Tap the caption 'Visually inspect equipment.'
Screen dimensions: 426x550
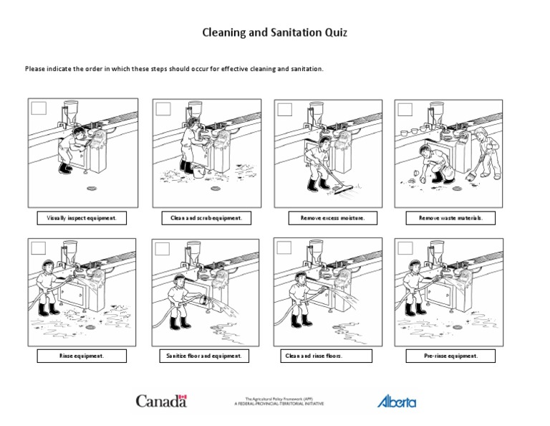(81, 217)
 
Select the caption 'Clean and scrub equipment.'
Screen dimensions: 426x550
(202, 217)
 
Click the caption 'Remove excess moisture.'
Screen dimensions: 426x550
(322, 217)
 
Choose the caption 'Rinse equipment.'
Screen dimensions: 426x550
(81, 355)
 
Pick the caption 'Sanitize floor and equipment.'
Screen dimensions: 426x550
(202, 355)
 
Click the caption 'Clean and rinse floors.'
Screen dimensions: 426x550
(322, 355)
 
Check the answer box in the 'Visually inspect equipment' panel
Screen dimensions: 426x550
(39, 108)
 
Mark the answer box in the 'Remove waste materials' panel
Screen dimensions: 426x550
(405, 108)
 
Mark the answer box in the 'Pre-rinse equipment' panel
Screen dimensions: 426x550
(405, 248)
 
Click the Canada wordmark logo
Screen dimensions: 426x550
(161, 400)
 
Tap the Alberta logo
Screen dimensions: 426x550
(396, 401)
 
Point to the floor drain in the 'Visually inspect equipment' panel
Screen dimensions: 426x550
(92, 189)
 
